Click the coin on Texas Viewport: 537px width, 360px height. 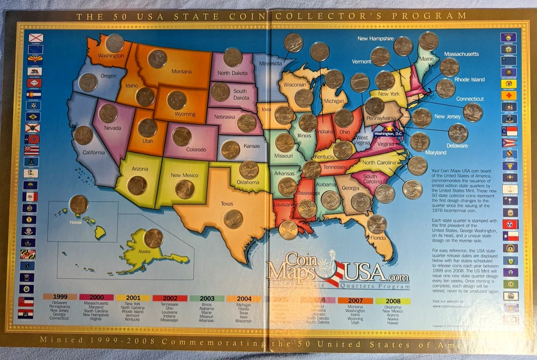[233, 219]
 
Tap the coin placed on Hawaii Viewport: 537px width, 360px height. [79, 205]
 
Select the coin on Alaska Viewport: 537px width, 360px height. [153, 238]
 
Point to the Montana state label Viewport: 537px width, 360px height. [181, 71]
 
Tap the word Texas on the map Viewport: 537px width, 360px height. [227, 204]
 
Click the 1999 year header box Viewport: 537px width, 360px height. [60, 297]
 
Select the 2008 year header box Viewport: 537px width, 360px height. [393, 301]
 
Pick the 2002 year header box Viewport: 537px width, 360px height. [170, 298]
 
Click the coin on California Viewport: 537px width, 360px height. [84, 135]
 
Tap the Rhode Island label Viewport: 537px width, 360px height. [469, 80]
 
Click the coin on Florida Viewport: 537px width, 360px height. [376, 224]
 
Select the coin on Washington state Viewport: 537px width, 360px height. [115, 43]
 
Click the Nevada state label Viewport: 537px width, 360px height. [112, 127]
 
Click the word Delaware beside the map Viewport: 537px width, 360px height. [457, 146]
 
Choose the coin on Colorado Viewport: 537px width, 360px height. [182, 137]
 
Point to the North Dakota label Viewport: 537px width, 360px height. [233, 73]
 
